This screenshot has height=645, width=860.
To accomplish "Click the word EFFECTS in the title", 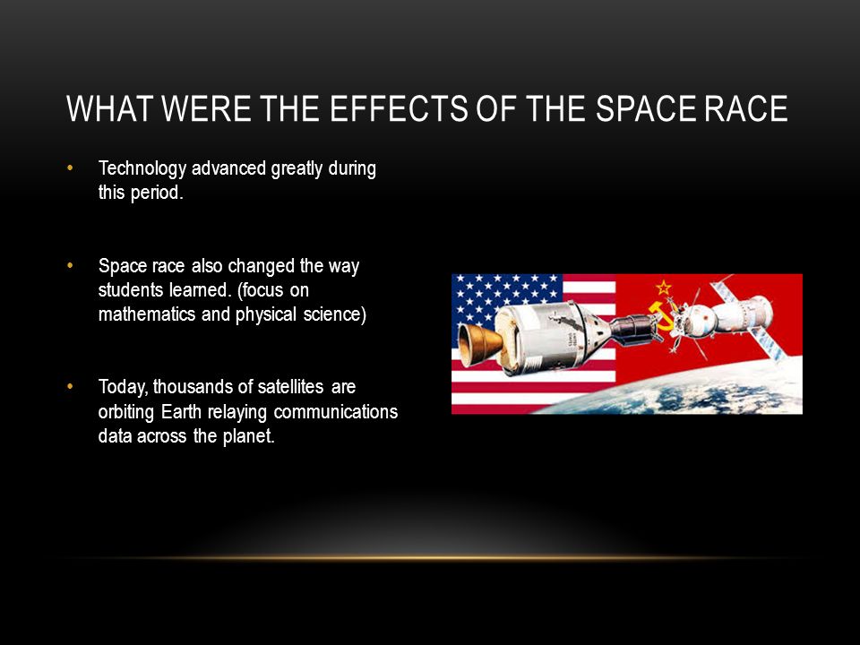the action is point(399,108).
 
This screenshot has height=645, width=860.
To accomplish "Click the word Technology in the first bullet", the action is point(142,169).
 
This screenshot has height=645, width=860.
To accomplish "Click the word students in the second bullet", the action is point(129,289).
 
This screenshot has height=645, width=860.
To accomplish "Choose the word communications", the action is point(336,411).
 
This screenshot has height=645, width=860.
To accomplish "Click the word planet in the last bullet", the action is point(248,436).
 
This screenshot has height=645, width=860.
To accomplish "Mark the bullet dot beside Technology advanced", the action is point(70,168).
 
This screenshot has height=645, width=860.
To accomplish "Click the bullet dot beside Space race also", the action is point(70,265).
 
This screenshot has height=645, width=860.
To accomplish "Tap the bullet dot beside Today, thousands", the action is point(70,387).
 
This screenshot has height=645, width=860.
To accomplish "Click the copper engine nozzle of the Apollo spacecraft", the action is point(480,344).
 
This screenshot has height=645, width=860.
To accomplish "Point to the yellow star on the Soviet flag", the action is point(664,287).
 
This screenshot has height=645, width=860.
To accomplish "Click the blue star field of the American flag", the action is point(507,301).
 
